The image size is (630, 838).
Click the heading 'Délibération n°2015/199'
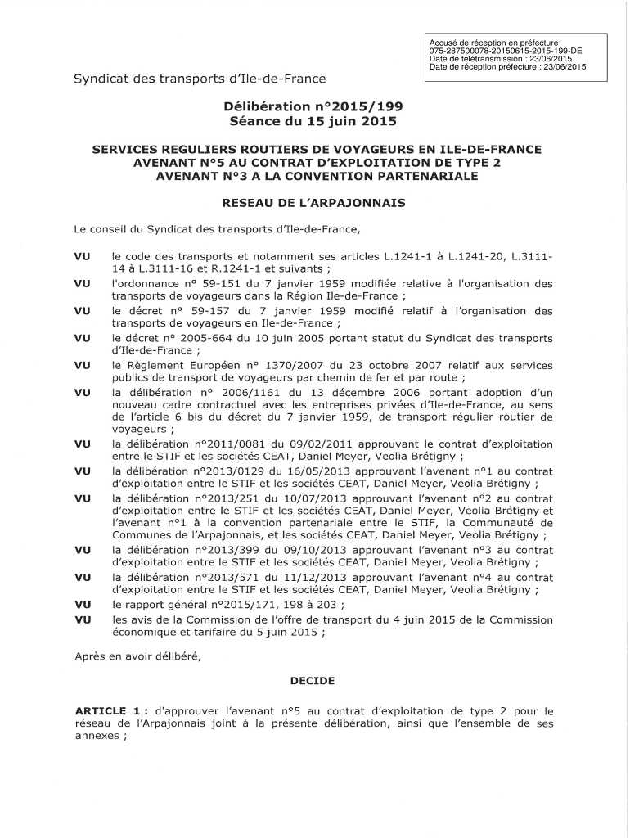click(x=314, y=106)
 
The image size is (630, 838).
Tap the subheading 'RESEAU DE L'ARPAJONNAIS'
click(x=314, y=202)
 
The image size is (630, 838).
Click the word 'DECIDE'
click(x=314, y=680)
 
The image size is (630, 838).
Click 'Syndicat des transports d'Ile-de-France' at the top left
click(x=200, y=79)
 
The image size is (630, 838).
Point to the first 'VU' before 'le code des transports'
click(x=82, y=257)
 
